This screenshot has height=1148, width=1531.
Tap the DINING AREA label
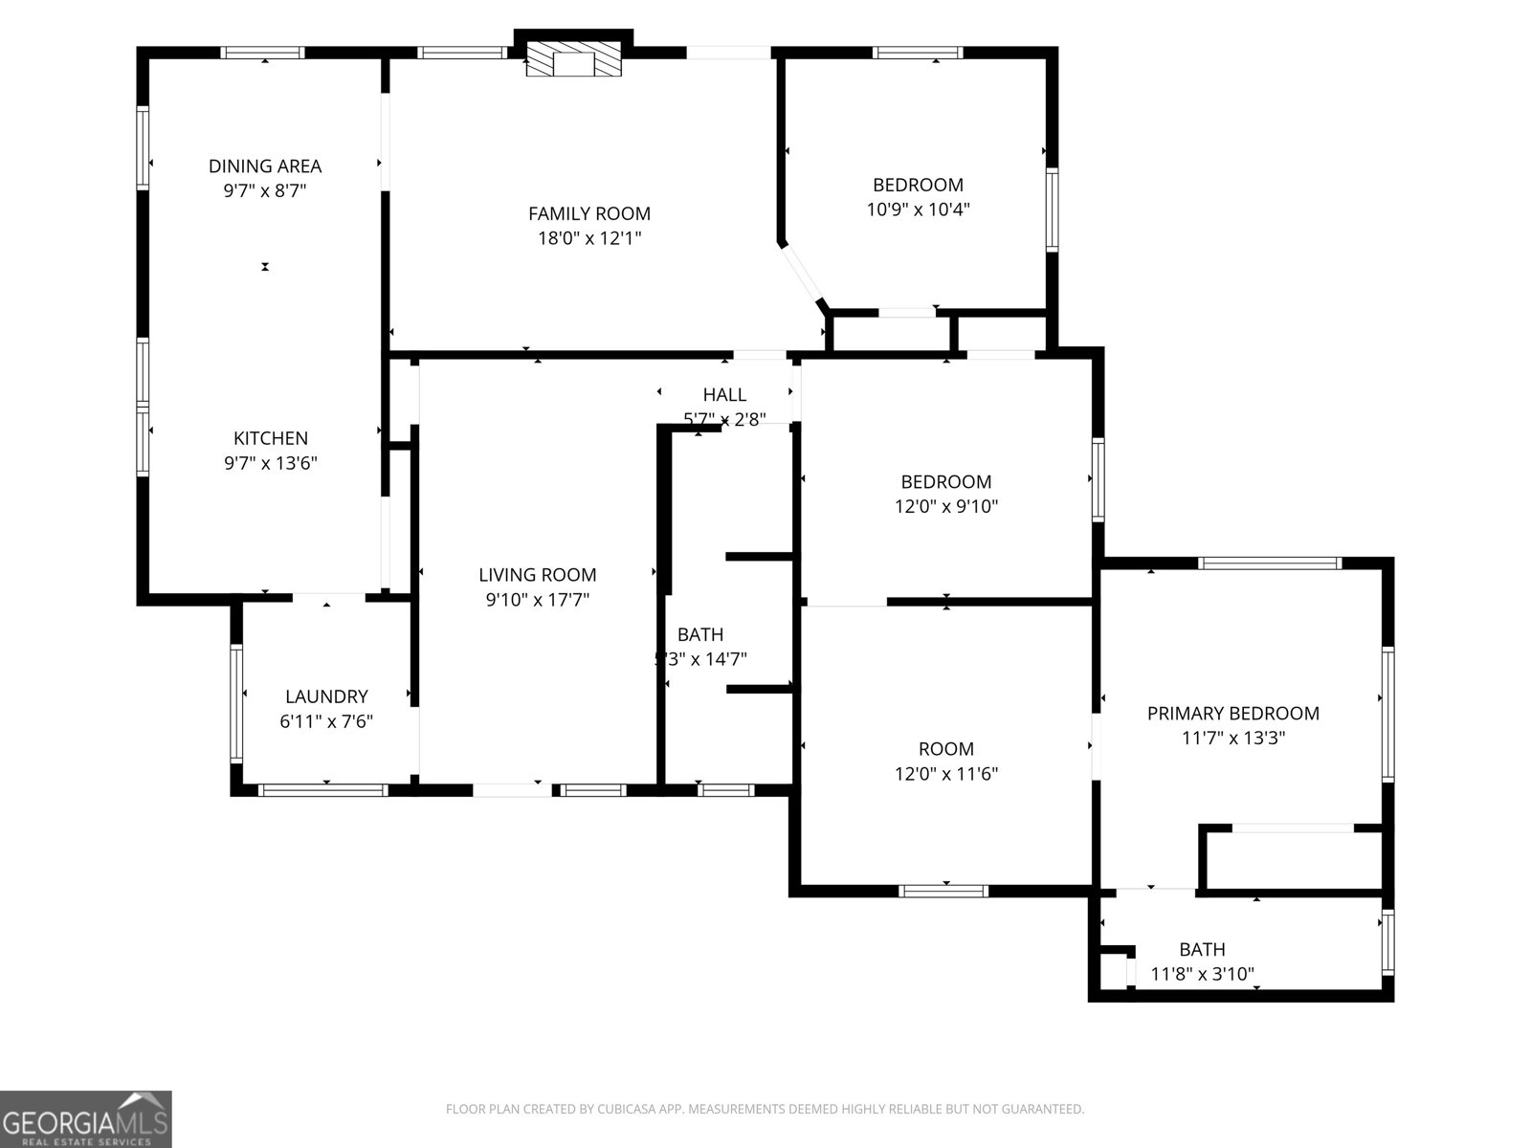265,166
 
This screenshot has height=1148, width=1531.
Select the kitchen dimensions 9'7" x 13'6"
271,464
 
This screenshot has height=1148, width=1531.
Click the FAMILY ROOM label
589,214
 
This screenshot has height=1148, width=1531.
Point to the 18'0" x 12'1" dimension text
589,238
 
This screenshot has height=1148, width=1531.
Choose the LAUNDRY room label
326,696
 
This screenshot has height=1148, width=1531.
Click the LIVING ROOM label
537,575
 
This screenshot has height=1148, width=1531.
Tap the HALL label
724,395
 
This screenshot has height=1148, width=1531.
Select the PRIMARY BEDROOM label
1232,714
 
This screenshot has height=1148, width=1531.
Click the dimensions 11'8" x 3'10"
1202,975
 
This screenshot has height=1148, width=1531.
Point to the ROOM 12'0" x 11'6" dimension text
946,774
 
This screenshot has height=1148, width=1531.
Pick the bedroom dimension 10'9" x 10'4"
918,210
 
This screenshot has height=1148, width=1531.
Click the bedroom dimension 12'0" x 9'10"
946,507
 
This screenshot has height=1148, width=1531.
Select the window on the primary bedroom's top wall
1270,563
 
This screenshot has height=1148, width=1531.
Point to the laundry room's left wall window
236,702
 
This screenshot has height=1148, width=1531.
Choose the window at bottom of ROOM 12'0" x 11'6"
943,891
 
